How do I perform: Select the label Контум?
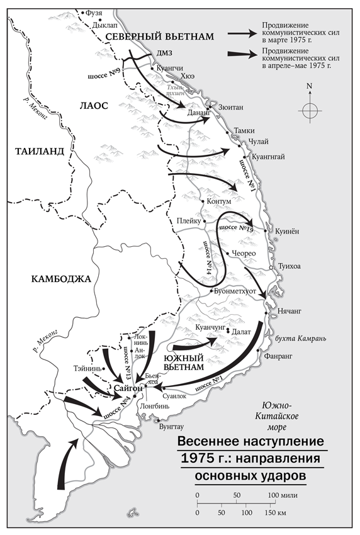220,201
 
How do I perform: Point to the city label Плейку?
189,221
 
